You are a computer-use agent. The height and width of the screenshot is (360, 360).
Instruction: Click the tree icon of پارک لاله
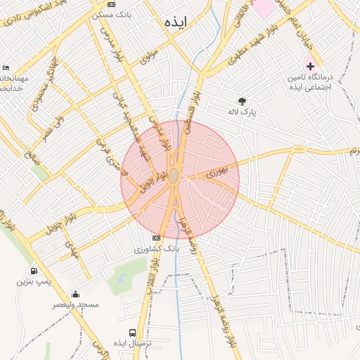(243, 101)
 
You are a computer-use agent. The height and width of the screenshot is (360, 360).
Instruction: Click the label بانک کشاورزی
(157, 250)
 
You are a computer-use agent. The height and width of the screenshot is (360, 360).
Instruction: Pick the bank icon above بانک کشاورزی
(157, 238)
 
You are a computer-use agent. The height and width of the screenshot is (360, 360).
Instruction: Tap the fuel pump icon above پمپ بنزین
(34, 271)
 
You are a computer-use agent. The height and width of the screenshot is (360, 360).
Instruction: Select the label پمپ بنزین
(34, 282)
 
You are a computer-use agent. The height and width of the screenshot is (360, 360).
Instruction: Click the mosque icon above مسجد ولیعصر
(76, 294)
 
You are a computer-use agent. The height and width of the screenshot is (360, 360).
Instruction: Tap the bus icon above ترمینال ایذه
(133, 332)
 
